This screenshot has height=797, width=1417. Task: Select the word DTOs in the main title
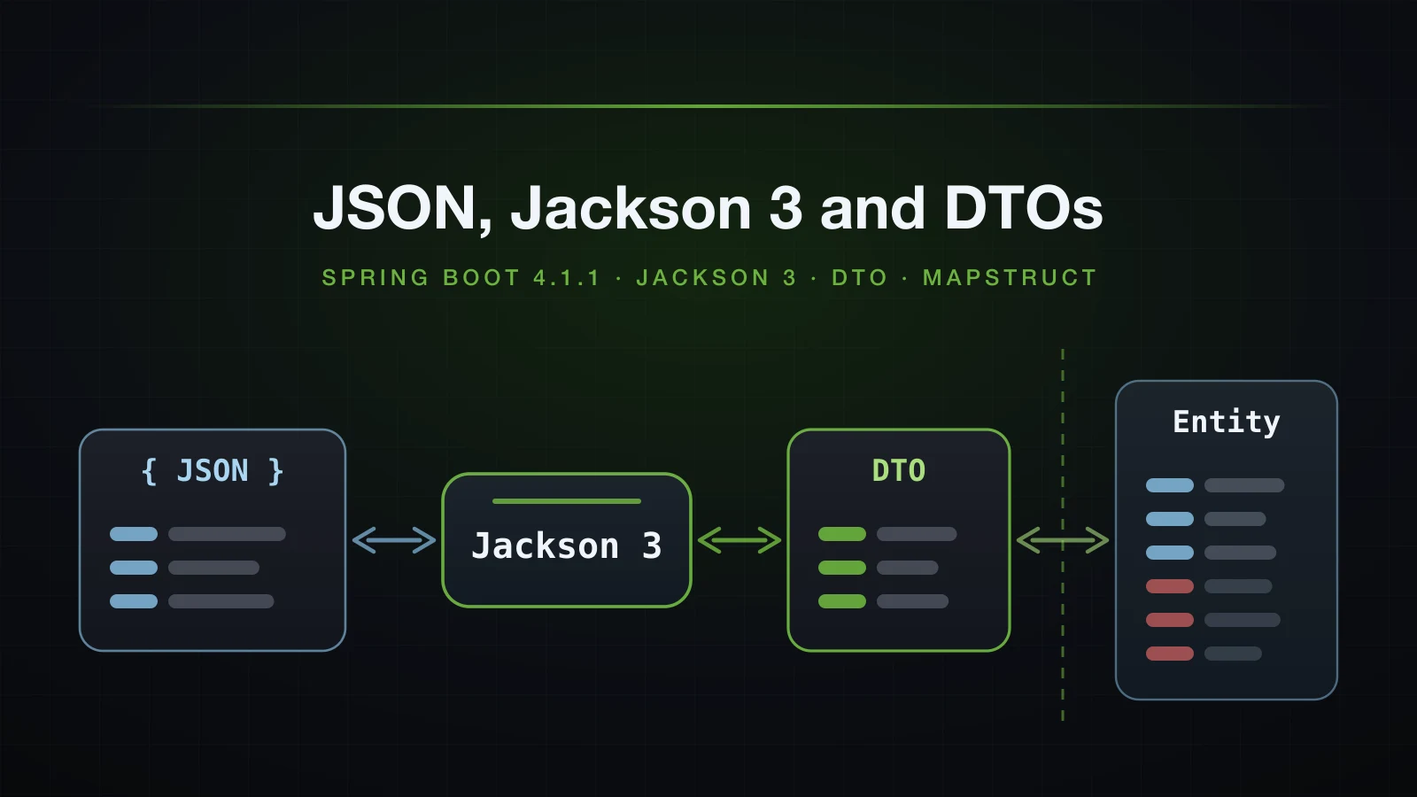(x=1024, y=208)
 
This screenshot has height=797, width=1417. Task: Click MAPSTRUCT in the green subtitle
(x=1010, y=278)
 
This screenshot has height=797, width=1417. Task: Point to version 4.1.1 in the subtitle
(x=566, y=278)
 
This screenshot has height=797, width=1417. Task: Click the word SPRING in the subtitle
(x=376, y=278)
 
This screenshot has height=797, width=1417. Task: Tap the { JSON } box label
(x=213, y=471)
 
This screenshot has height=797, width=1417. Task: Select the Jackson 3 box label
(x=567, y=546)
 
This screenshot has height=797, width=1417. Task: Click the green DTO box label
(x=898, y=470)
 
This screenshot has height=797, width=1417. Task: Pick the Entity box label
(x=1226, y=422)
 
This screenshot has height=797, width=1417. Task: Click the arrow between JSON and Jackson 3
(x=394, y=540)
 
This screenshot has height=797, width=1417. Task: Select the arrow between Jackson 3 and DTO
(x=739, y=540)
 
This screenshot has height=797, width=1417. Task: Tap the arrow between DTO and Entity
(x=1063, y=540)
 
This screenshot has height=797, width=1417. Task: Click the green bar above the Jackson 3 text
(x=567, y=501)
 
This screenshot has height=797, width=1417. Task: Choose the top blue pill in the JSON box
(x=134, y=534)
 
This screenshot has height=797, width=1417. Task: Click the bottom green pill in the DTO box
(x=842, y=601)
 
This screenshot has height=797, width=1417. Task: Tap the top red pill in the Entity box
(x=1170, y=586)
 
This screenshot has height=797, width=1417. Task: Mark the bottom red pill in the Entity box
(x=1170, y=654)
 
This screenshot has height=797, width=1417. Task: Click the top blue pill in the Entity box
(x=1170, y=485)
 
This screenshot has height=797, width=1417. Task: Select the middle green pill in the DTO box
(x=842, y=568)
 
